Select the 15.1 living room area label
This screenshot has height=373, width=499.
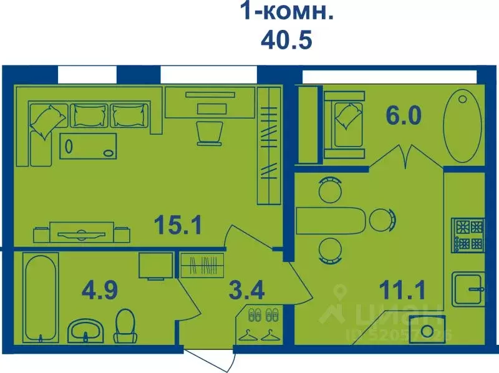[178, 225]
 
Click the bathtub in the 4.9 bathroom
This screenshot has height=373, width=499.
[41, 298]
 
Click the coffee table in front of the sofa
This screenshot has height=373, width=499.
[90, 146]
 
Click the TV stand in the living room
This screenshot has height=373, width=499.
[82, 233]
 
